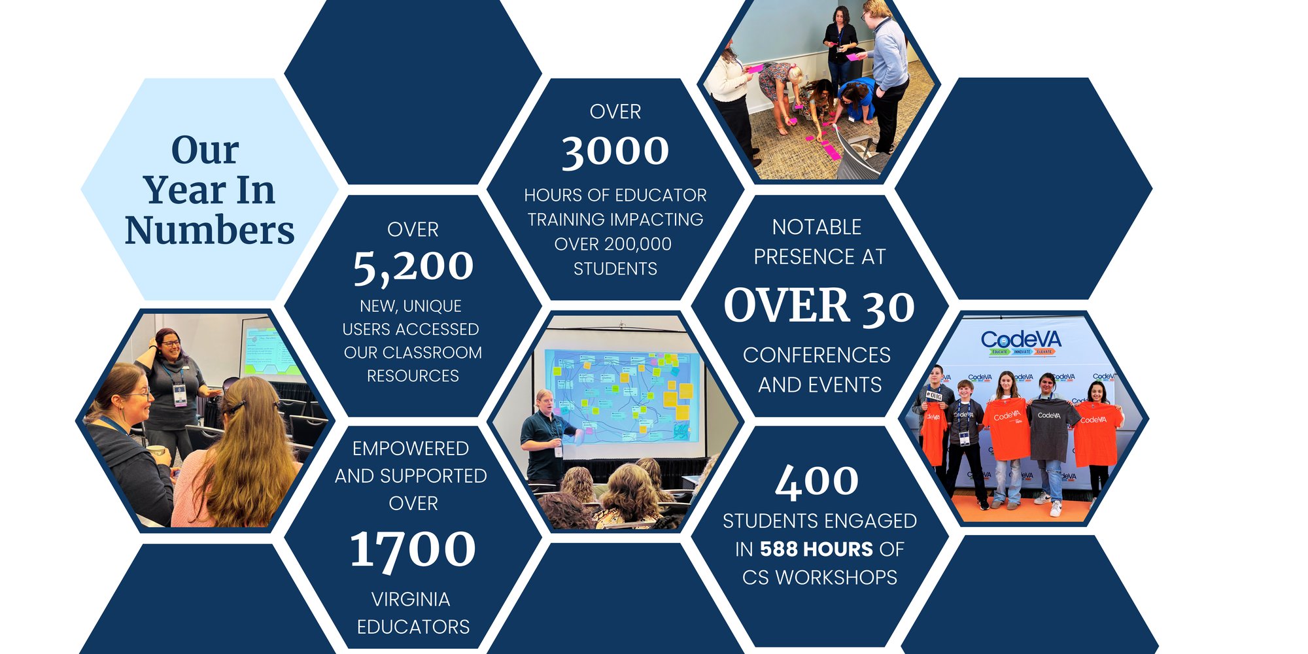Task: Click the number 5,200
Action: (413, 267)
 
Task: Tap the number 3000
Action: (615, 151)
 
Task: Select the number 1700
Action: (413, 549)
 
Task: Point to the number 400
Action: (817, 481)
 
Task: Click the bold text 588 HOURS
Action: (816, 549)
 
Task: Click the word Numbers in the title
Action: (210, 230)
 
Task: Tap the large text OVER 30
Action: (819, 305)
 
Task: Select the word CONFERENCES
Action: (817, 355)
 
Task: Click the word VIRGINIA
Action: (411, 599)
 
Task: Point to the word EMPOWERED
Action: (411, 449)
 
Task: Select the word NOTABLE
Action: (817, 227)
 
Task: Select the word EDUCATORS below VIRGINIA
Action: (413, 627)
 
